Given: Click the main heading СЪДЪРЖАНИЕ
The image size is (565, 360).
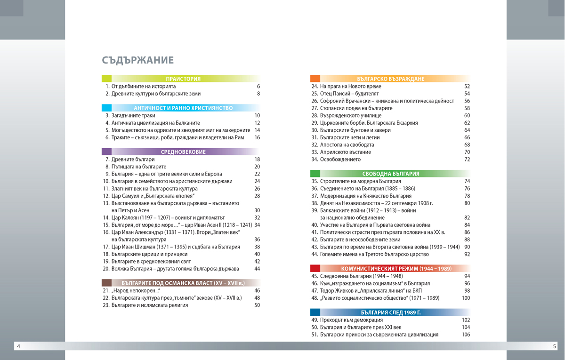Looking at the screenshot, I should (x=137, y=60).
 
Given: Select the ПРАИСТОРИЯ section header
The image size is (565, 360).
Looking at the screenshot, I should (x=183, y=79).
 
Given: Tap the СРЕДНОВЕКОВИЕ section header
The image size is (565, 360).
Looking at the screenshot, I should (x=183, y=152).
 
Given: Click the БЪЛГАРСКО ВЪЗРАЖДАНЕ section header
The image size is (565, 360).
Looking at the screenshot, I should (x=391, y=79).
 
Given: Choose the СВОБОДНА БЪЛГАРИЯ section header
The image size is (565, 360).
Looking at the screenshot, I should (x=391, y=174).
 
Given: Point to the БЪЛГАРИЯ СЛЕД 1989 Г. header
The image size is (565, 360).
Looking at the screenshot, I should (x=391, y=312).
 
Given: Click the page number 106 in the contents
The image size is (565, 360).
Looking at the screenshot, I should (x=466, y=335).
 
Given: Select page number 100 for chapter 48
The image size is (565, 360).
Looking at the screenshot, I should (x=466, y=298).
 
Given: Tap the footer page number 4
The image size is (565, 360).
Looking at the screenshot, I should (x=18, y=347).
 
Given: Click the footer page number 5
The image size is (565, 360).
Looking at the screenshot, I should (x=554, y=347).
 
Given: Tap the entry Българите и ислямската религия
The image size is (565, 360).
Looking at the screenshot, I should (x=150, y=305).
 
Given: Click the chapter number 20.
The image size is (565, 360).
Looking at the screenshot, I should (x=106, y=269).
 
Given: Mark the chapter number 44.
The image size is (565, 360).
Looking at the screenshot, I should (x=315, y=254).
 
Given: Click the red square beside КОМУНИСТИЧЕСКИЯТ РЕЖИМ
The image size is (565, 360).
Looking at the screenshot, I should (x=315, y=269).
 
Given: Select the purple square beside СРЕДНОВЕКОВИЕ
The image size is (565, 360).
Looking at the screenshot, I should (x=106, y=152).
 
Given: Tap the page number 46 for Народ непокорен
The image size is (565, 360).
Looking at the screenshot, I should (x=257, y=290).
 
